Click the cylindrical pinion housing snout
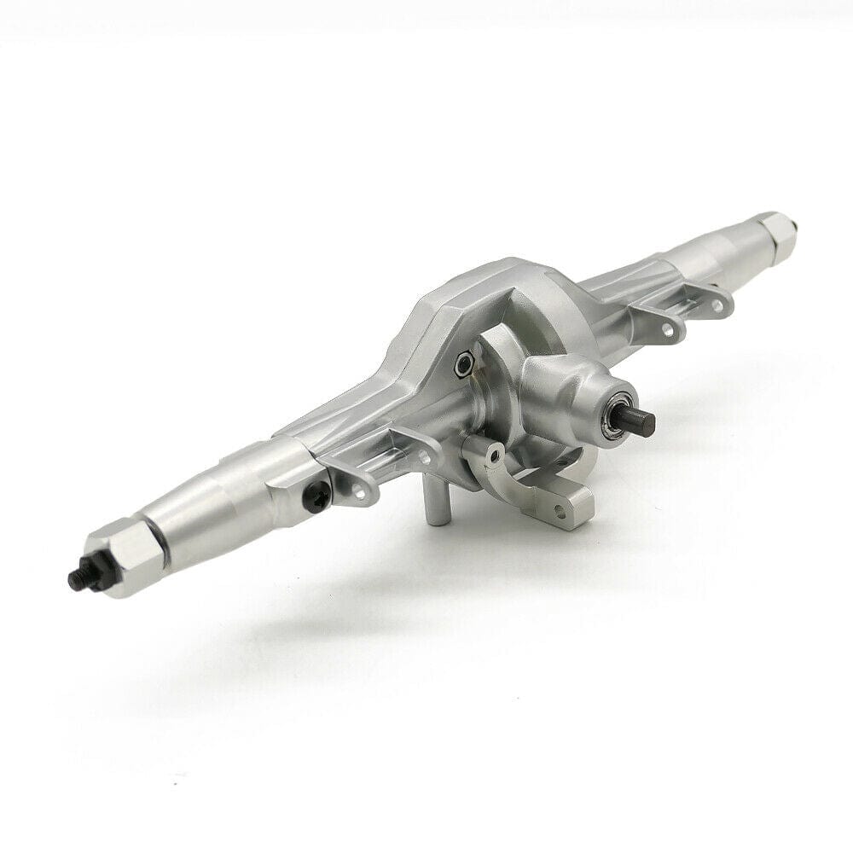pyautogui.click(x=569, y=402)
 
